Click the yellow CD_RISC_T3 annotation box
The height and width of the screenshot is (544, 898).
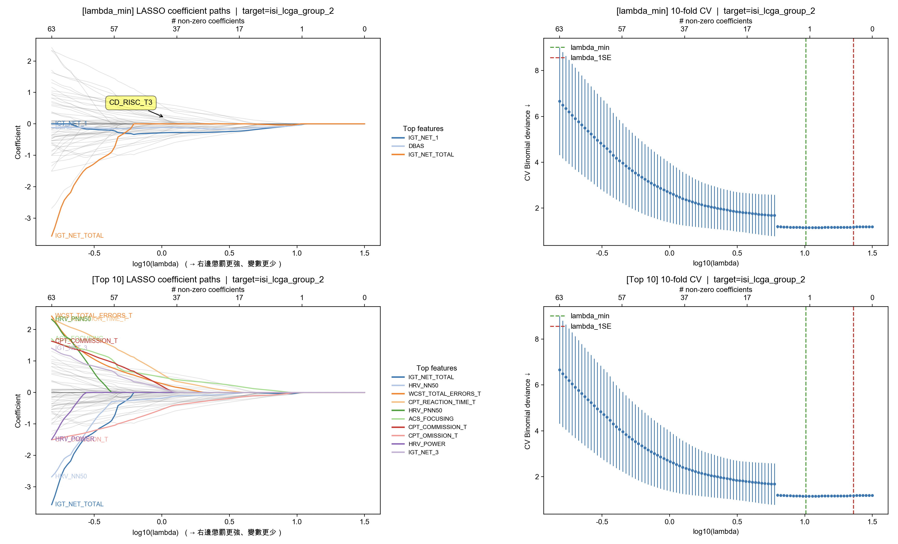[x=131, y=103]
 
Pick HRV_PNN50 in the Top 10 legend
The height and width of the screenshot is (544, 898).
[x=425, y=411]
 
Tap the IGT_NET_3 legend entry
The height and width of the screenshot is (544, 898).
[x=423, y=452]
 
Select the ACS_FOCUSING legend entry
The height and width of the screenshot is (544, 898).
[x=431, y=419]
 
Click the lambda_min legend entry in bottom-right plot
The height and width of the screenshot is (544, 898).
[x=589, y=316]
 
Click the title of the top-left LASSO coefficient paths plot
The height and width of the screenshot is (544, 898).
[x=208, y=11]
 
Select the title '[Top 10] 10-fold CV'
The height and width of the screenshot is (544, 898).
[x=715, y=280]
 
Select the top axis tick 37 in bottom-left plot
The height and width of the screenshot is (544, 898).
[x=176, y=298]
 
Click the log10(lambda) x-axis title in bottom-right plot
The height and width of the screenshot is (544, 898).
[x=715, y=532]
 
